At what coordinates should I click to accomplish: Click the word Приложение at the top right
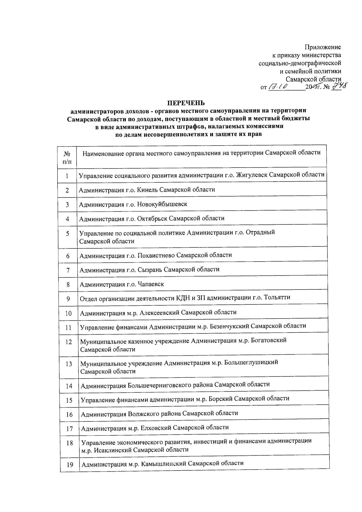pos(322,47)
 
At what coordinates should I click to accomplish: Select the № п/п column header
pos(67,158)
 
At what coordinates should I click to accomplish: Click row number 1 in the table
pos(67,176)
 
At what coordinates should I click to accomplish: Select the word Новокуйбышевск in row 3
pos(162,204)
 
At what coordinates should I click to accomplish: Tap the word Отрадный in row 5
pos(261,233)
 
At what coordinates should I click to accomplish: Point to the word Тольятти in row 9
pos(277,297)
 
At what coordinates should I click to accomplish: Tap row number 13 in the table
pos(69,364)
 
